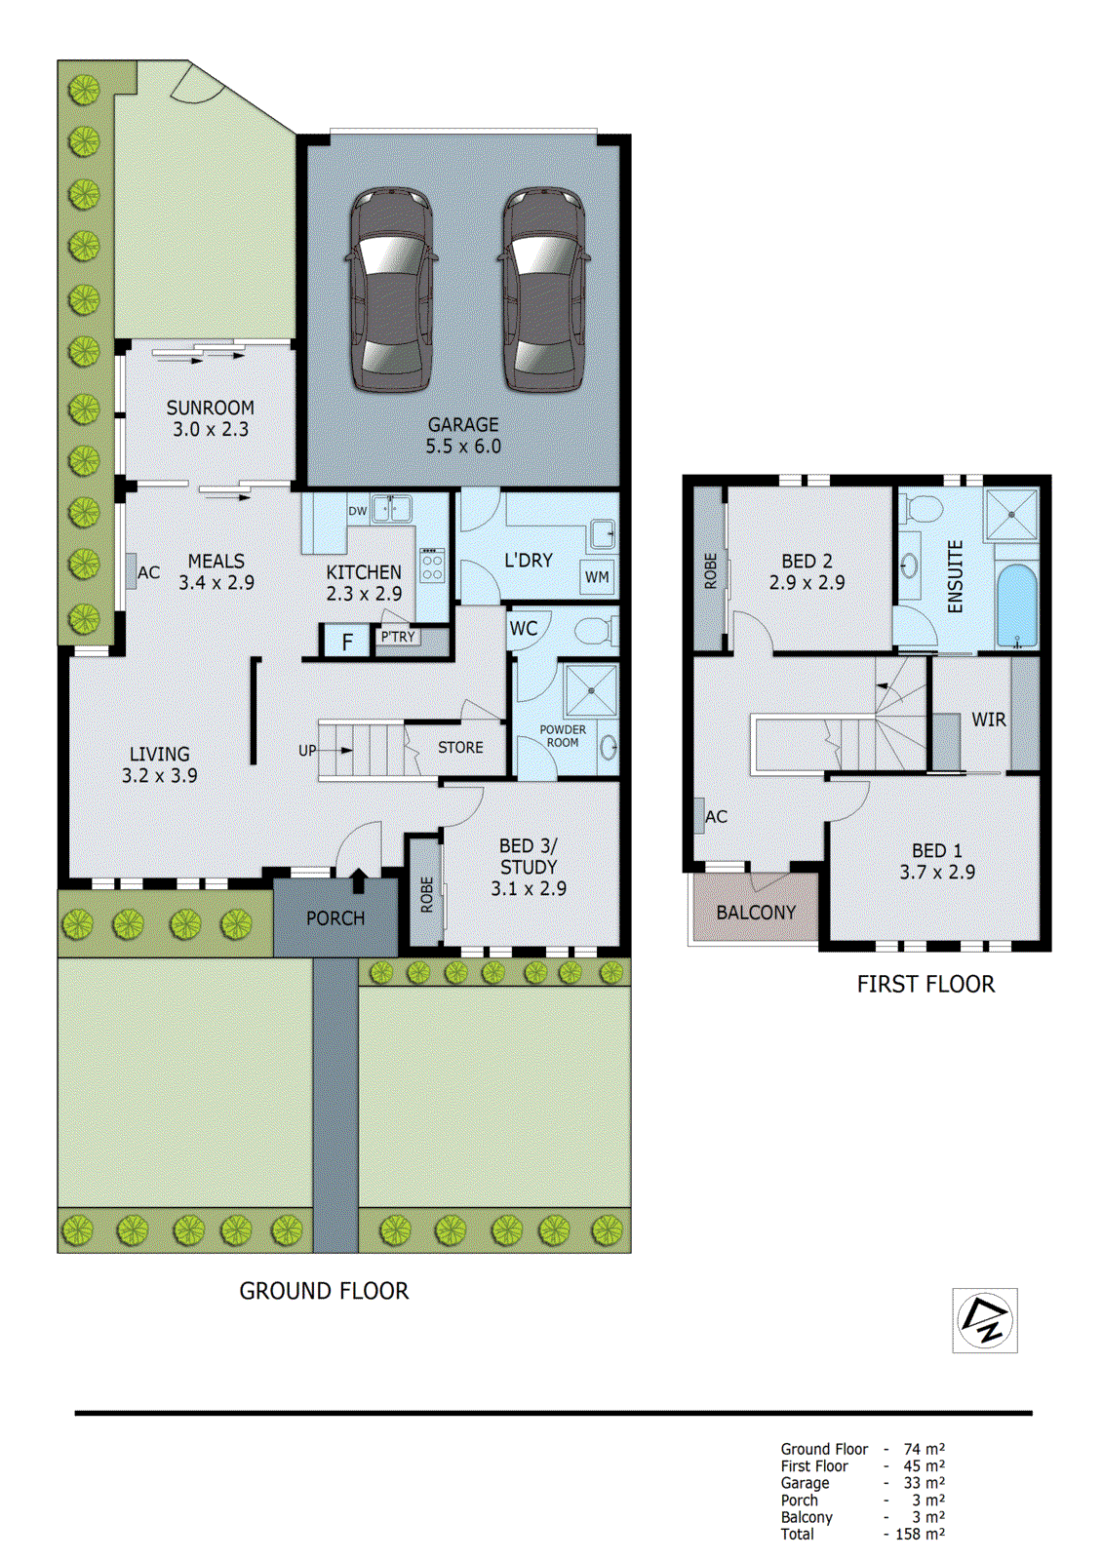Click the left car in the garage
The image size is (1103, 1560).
pyautogui.click(x=390, y=290)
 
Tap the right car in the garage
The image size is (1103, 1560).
pyautogui.click(x=543, y=290)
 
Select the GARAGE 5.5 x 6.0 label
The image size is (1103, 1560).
pyautogui.click(x=463, y=436)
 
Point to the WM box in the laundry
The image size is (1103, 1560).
pyautogui.click(x=597, y=576)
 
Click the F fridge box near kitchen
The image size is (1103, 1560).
pyautogui.click(x=347, y=643)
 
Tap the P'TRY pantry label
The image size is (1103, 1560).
pyautogui.click(x=398, y=637)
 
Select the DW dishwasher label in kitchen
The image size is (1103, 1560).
pyautogui.click(x=358, y=511)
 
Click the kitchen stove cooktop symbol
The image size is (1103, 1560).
pyautogui.click(x=432, y=565)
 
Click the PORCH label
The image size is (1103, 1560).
pyautogui.click(x=335, y=918)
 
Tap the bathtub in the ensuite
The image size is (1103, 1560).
pyautogui.click(x=1016, y=604)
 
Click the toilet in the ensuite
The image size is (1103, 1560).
pyautogui.click(x=921, y=509)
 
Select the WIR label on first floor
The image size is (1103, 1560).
pyautogui.click(x=988, y=720)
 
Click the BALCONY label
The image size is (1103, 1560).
pyautogui.click(x=756, y=913)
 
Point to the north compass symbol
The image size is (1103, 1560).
pyautogui.click(x=985, y=1320)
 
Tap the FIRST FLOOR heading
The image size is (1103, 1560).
pyautogui.click(x=926, y=985)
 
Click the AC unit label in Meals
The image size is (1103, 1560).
pyautogui.click(x=148, y=572)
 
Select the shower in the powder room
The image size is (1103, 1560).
pyautogui.click(x=591, y=690)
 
